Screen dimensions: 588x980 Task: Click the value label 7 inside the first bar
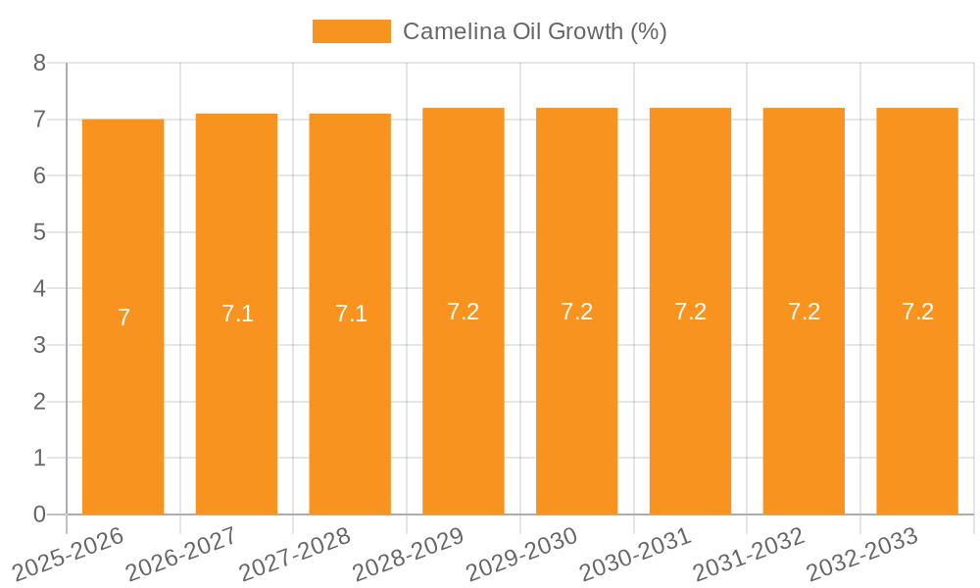[123, 318]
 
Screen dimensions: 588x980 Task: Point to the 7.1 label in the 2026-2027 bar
[237, 314]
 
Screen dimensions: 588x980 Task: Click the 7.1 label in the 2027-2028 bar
[351, 314]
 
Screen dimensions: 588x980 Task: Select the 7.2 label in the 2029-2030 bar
[577, 312]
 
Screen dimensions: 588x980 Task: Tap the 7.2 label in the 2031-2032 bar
[804, 312]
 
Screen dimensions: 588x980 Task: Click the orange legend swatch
[351, 31]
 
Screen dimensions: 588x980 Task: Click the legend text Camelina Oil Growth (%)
[534, 31]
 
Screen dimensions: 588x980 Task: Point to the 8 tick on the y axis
[39, 63]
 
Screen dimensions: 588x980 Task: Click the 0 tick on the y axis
[39, 514]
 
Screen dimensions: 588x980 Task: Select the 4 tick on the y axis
[39, 289]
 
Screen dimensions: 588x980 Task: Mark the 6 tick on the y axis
[39, 175]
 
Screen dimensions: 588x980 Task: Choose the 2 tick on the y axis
[39, 402]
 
